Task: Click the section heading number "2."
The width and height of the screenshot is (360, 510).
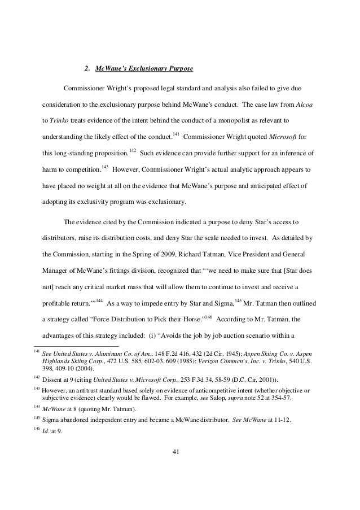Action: [86, 69]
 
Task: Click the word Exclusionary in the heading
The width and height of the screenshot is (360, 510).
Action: [148, 69]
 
